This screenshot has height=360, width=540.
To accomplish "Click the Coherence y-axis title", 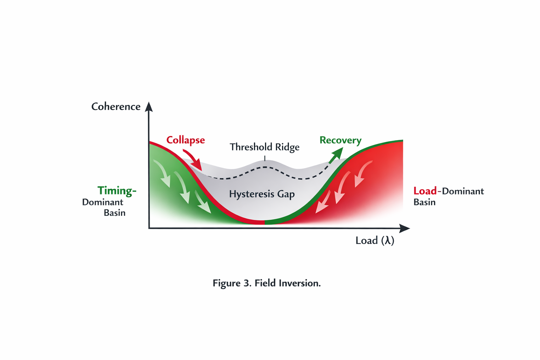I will [116, 107].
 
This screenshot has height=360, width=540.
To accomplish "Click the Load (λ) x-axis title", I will [375, 240].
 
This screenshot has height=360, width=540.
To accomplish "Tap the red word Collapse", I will [185, 140].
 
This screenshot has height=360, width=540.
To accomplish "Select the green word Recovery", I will [340, 140].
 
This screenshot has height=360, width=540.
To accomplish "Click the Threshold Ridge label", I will [264, 147].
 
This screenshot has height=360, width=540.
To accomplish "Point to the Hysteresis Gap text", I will [262, 194].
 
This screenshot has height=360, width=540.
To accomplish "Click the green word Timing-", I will [117, 191].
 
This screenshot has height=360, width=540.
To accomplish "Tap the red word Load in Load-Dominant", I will [425, 191].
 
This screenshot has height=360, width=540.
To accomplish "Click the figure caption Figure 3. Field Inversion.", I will [266, 283].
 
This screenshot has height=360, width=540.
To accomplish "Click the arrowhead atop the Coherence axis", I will [149, 107].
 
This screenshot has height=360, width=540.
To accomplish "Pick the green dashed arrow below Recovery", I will [335, 155].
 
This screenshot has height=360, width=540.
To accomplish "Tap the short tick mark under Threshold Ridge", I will [265, 158].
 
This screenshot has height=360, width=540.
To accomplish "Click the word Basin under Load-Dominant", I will [424, 202].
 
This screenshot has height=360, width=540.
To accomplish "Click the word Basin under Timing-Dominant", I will [114, 213].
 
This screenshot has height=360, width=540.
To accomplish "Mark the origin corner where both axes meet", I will [149, 228].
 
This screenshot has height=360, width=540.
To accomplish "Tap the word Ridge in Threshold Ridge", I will [287, 147].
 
